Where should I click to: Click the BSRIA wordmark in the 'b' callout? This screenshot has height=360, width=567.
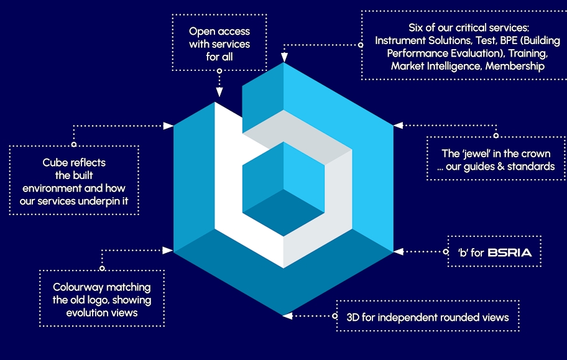(514, 252)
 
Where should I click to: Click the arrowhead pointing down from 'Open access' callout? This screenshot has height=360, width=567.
(219, 92)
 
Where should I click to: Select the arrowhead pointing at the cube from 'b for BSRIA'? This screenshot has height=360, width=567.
(399, 252)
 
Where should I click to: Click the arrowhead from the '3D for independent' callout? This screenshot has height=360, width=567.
(287, 316)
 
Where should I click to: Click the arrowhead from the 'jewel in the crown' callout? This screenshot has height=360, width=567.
(399, 125)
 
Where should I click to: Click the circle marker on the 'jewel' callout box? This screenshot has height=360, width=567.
(496, 135)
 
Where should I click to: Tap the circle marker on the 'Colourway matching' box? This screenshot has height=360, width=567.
(102, 269)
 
